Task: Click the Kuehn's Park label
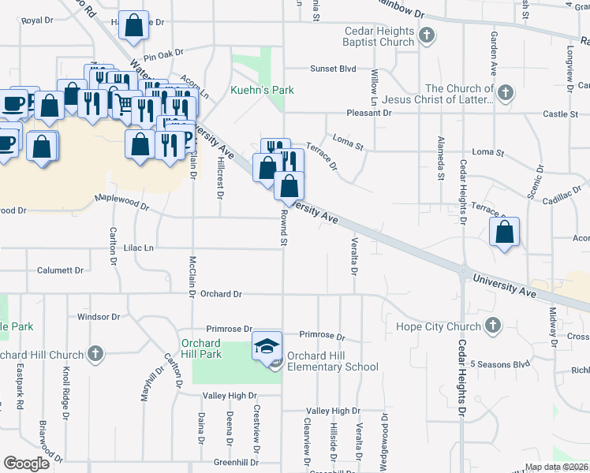(x=262, y=91)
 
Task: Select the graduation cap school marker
(x=267, y=345)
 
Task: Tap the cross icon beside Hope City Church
(x=492, y=325)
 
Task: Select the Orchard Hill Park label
(x=200, y=348)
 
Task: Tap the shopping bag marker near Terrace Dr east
(x=504, y=232)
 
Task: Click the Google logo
(x=26, y=464)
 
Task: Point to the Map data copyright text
(x=556, y=467)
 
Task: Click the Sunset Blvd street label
(x=333, y=69)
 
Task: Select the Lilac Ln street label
(x=136, y=248)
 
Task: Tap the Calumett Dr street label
(x=60, y=270)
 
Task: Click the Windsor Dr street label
(x=98, y=317)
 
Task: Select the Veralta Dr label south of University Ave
(x=354, y=258)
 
